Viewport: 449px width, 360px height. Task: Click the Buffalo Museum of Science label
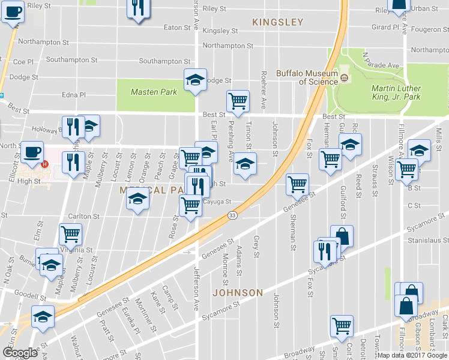(x=307, y=77)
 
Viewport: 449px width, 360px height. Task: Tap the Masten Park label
(x=154, y=92)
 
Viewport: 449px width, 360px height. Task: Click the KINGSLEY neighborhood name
(x=278, y=22)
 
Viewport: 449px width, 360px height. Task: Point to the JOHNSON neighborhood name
(x=237, y=293)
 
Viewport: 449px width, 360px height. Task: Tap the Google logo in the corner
(x=20, y=353)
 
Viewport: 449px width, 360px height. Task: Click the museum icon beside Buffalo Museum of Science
(x=345, y=77)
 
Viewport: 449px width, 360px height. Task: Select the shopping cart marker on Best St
(x=238, y=100)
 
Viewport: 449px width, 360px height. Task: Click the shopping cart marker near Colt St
(x=341, y=326)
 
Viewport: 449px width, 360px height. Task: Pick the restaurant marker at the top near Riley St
(x=137, y=8)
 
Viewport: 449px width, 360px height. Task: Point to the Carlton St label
(x=83, y=216)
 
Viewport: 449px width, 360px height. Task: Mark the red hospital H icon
(x=44, y=165)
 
